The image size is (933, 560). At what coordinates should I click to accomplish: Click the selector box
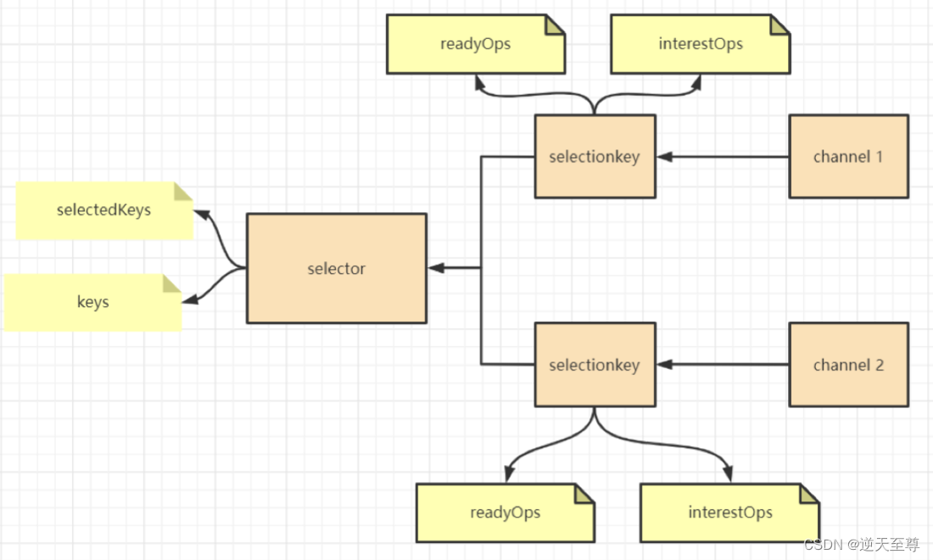tap(336, 268)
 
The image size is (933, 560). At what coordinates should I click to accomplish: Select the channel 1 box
tap(848, 157)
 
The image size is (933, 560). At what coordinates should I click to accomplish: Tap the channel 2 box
tap(848, 365)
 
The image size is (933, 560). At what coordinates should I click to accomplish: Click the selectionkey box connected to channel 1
tap(594, 157)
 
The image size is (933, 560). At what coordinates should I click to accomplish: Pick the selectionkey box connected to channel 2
tap(594, 365)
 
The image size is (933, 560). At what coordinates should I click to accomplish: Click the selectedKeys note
tap(103, 210)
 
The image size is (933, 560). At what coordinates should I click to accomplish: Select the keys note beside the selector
tap(92, 302)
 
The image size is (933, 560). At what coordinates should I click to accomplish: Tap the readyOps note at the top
tap(475, 44)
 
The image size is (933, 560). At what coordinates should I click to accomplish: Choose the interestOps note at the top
tap(700, 44)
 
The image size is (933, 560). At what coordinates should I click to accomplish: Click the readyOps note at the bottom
tap(505, 512)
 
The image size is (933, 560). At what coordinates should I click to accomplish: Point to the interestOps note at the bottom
tap(729, 512)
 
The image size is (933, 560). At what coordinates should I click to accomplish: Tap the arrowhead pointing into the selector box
tap(436, 268)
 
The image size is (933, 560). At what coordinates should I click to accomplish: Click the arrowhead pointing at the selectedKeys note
tap(200, 212)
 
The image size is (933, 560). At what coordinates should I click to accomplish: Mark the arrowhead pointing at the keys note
tap(191, 299)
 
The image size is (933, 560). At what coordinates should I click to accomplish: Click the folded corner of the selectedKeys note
tap(183, 191)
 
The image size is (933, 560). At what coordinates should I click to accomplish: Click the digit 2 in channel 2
tap(879, 365)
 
